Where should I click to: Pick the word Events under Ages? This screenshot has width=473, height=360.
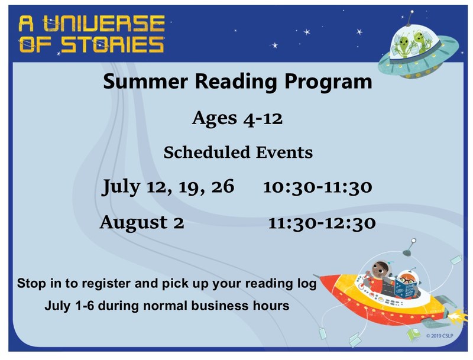pos(283,153)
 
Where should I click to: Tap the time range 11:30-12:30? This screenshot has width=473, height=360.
pos(322,223)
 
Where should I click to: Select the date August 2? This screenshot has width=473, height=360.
pos(142,223)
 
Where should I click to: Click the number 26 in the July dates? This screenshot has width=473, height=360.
pos(218,187)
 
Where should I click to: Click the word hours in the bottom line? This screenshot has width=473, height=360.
pos(274,306)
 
